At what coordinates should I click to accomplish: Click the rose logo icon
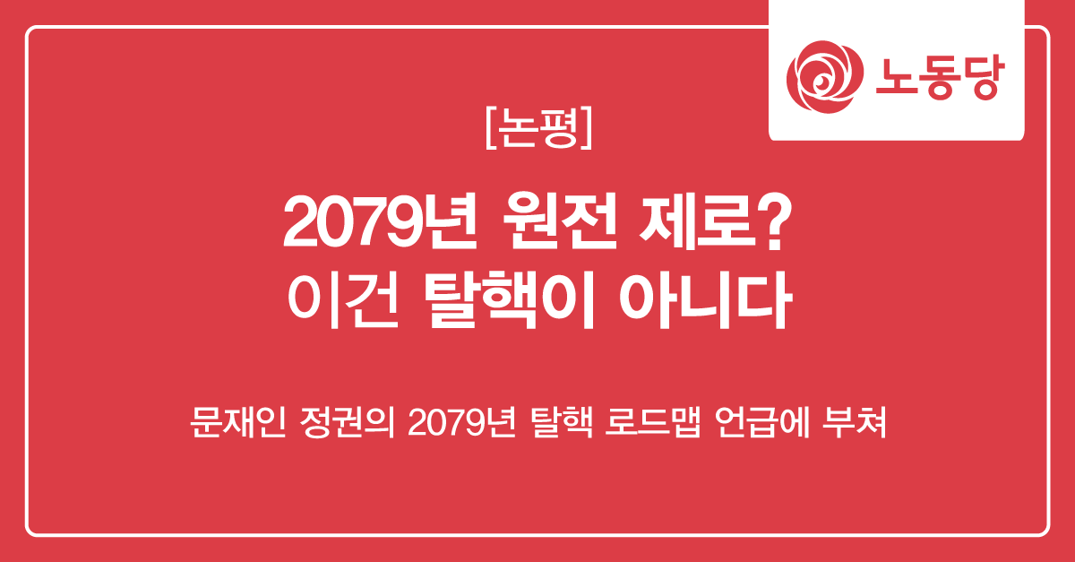coord(824,77)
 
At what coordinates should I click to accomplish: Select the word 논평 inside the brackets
coord(538,128)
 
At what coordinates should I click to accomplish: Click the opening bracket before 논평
coord(491,128)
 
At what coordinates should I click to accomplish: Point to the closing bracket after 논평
coord(587,128)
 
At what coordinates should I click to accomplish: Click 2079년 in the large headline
coord(380,221)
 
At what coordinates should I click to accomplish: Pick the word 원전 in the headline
coord(560,221)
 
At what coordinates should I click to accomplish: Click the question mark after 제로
coord(775,222)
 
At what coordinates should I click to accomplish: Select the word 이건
coord(344,300)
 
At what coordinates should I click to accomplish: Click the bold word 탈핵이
coord(510,300)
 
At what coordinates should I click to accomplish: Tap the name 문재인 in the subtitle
coord(238,422)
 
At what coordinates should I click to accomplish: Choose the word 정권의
coord(348,422)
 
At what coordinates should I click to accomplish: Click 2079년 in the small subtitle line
coord(461,422)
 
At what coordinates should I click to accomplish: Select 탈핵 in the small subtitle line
coord(562,422)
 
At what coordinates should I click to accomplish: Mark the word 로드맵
coord(653,422)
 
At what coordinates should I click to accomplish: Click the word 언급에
coord(761,422)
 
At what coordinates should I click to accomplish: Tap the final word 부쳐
coord(855,422)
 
